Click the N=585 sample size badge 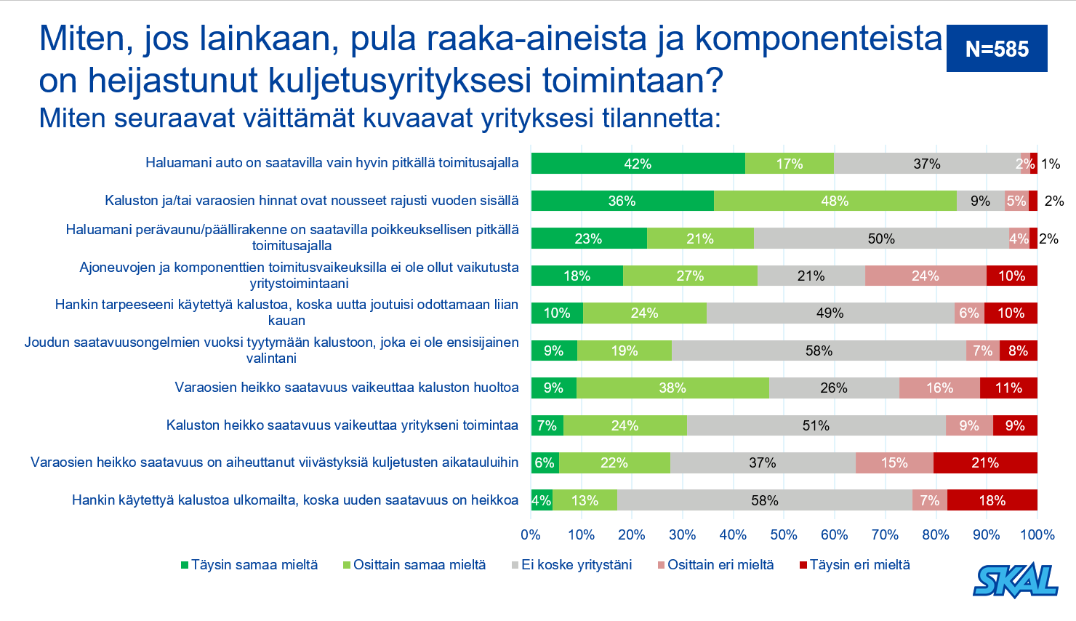pos(997,48)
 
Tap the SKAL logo pos(1016,580)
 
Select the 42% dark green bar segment pos(638,164)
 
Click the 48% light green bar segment pos(835,201)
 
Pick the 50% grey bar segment pos(881,239)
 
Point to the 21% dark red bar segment pos(985,462)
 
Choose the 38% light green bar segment pos(672,388)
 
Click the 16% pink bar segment pos(939,388)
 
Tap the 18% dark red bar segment pos(992,500)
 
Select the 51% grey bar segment pos(816,425)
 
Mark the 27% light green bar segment pos(690,276)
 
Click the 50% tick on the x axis pos(784,534)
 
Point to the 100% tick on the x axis pos(1037,534)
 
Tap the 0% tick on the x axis pos(531,534)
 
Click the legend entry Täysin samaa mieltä pos(249,565)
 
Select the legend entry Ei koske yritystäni pos(571,565)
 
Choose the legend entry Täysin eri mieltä pos(855,565)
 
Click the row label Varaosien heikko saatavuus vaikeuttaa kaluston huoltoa pos(346,387)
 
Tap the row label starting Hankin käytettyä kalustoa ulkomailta pos(295,500)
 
